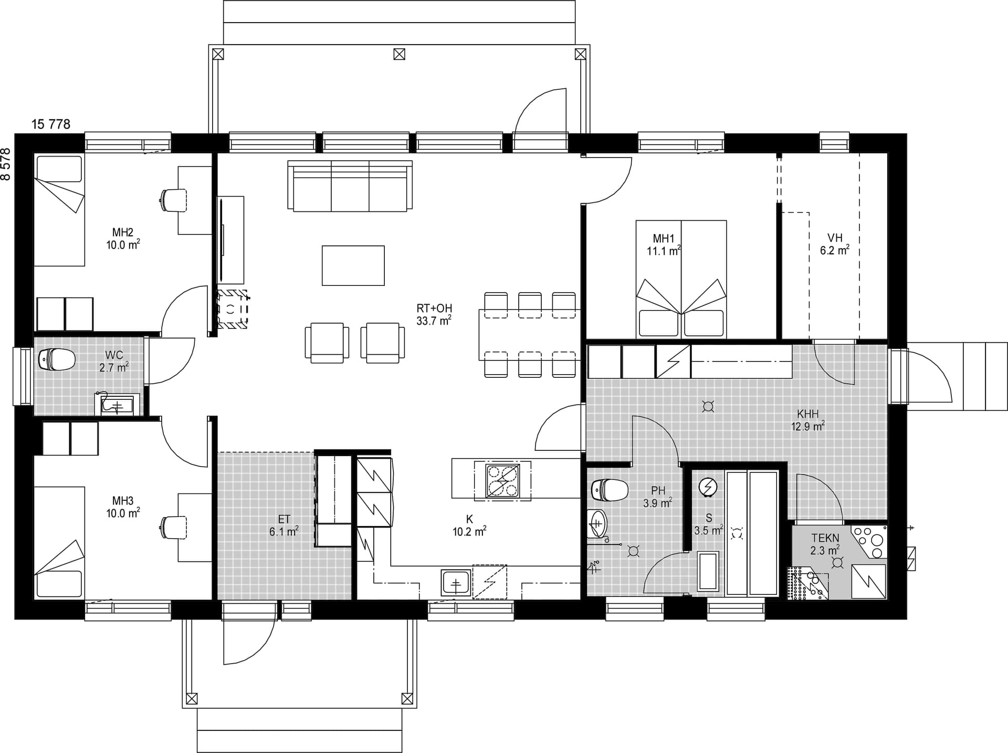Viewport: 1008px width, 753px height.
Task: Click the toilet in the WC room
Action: pos(57,359)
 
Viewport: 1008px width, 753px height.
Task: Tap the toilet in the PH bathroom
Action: pos(610,490)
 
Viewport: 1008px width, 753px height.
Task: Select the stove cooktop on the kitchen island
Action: pos(502,480)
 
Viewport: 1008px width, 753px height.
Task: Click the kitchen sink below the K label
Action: pos(456,583)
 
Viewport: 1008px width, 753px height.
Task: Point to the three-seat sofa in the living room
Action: pos(350,186)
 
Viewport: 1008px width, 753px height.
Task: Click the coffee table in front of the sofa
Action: pos(353,265)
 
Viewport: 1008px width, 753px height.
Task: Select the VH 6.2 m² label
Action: pos(835,244)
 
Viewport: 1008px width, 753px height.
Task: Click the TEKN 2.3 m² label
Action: pos(825,544)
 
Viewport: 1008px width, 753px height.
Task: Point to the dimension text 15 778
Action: pos(51,124)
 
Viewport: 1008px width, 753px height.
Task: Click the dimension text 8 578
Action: pos(6,164)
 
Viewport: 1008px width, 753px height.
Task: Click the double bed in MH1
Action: pos(681,279)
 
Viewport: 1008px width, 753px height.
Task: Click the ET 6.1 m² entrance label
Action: pos(284,525)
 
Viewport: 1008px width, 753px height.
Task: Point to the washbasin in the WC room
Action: pos(117,405)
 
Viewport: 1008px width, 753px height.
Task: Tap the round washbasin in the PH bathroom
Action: pos(597,523)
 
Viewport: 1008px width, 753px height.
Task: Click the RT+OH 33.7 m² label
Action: pos(434,314)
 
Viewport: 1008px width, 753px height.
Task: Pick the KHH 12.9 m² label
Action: pos(807,420)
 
